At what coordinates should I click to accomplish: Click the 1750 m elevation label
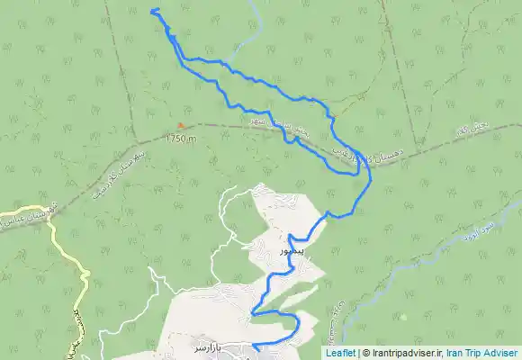tap(181, 139)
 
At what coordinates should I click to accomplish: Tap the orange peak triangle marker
tap(181, 126)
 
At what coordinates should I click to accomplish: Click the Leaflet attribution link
tap(340, 353)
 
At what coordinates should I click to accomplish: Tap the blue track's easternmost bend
tap(371, 180)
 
